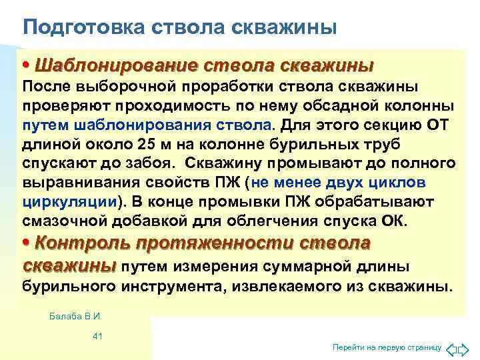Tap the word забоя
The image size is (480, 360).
tap(153, 163)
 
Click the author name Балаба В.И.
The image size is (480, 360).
tap(79, 316)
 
